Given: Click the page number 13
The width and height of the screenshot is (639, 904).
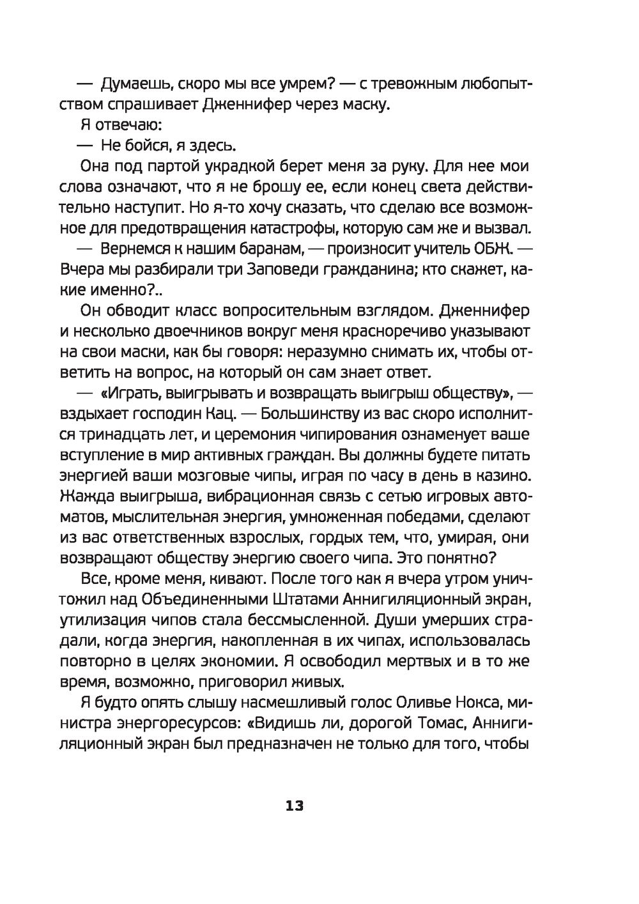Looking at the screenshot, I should click(295, 806).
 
